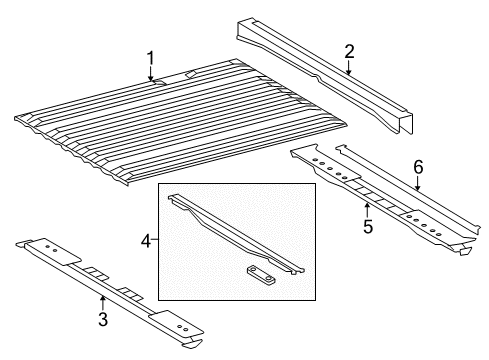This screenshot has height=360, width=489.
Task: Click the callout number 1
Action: pyautogui.click(x=151, y=58)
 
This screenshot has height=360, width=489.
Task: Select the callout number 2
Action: pyautogui.click(x=349, y=51)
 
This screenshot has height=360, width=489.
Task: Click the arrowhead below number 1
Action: pyautogui.click(x=151, y=80)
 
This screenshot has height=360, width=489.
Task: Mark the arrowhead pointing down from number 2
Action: pyautogui.click(x=349, y=74)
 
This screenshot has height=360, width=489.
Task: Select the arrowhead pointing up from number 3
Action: pyautogui.click(x=103, y=296)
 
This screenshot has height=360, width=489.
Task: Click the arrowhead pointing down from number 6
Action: pyautogui.click(x=418, y=191)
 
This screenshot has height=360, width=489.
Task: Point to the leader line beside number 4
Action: pyautogui.click(x=157, y=240)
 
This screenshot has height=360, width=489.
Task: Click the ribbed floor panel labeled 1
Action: pyautogui.click(x=180, y=125)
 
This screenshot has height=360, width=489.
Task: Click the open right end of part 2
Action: pyautogui.click(x=406, y=125)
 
